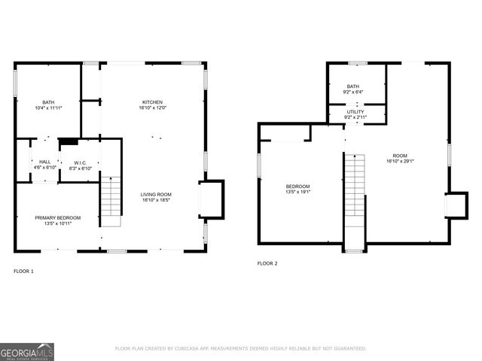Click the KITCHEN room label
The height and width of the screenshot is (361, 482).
click(152, 102)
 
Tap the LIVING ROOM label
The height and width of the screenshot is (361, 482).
click(156, 195)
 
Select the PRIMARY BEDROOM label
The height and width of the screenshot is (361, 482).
click(57, 217)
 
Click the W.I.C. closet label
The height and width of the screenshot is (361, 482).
click(80, 162)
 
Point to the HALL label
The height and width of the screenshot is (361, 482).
click(45, 162)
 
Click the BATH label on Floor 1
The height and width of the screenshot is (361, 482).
click(48, 102)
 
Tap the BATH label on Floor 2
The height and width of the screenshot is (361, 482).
click(352, 86)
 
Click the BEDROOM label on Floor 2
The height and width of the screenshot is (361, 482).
click(297, 186)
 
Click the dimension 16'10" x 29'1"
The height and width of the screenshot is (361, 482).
click(400, 160)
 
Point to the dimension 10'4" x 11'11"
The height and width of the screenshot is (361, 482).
click(48, 108)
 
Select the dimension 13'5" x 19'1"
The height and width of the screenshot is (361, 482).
click(297, 192)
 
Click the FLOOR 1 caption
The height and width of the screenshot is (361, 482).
click(23, 271)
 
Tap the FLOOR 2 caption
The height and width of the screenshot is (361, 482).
click(267, 263)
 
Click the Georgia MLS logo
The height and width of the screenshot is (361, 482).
click(27, 351)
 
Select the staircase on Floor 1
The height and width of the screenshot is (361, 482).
click(111, 198)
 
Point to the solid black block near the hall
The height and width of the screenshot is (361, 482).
click(69, 140)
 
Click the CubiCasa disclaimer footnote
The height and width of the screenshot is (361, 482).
click(240, 348)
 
